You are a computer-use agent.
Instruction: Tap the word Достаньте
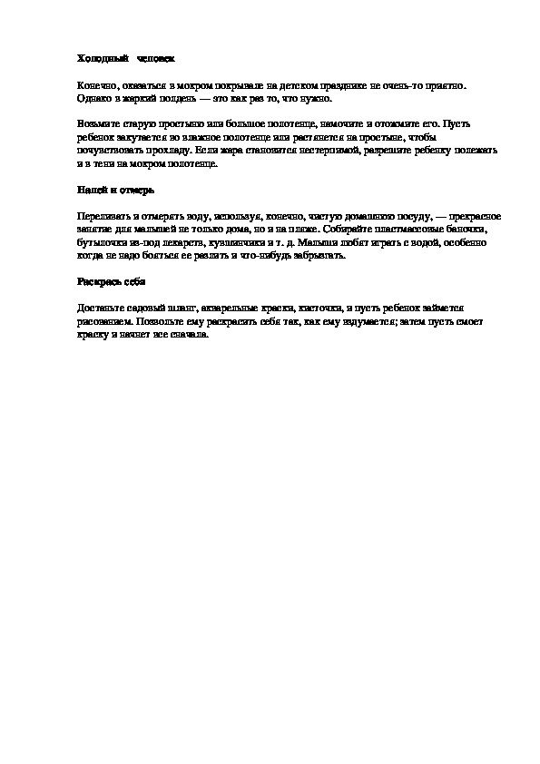[102, 309]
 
